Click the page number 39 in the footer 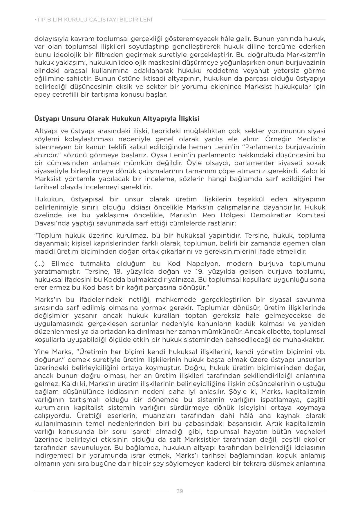tap(180, 491)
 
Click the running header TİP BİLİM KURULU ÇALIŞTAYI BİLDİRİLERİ tap(93, 20)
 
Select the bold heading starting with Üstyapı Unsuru tap(117, 119)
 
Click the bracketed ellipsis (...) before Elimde tap(39, 264)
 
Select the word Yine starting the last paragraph tap(42, 352)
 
